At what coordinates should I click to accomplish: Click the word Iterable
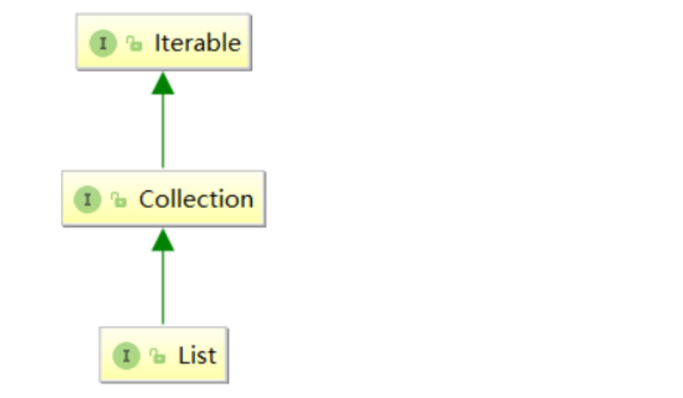[197, 43]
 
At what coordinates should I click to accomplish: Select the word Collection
[196, 199]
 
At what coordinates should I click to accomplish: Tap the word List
[197, 356]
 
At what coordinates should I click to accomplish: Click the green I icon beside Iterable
[103, 43]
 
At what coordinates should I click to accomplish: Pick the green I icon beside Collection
[88, 199]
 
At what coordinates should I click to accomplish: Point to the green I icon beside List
[126, 356]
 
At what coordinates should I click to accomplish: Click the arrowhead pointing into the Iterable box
[163, 83]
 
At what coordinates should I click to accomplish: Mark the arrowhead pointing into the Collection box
[163, 240]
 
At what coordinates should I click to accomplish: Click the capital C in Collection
[147, 199]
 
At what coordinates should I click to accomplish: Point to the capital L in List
[183, 356]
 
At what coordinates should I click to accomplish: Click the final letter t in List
[212, 356]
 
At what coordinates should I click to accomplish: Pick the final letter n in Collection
[246, 200]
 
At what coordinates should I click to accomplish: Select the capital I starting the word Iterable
[158, 43]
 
